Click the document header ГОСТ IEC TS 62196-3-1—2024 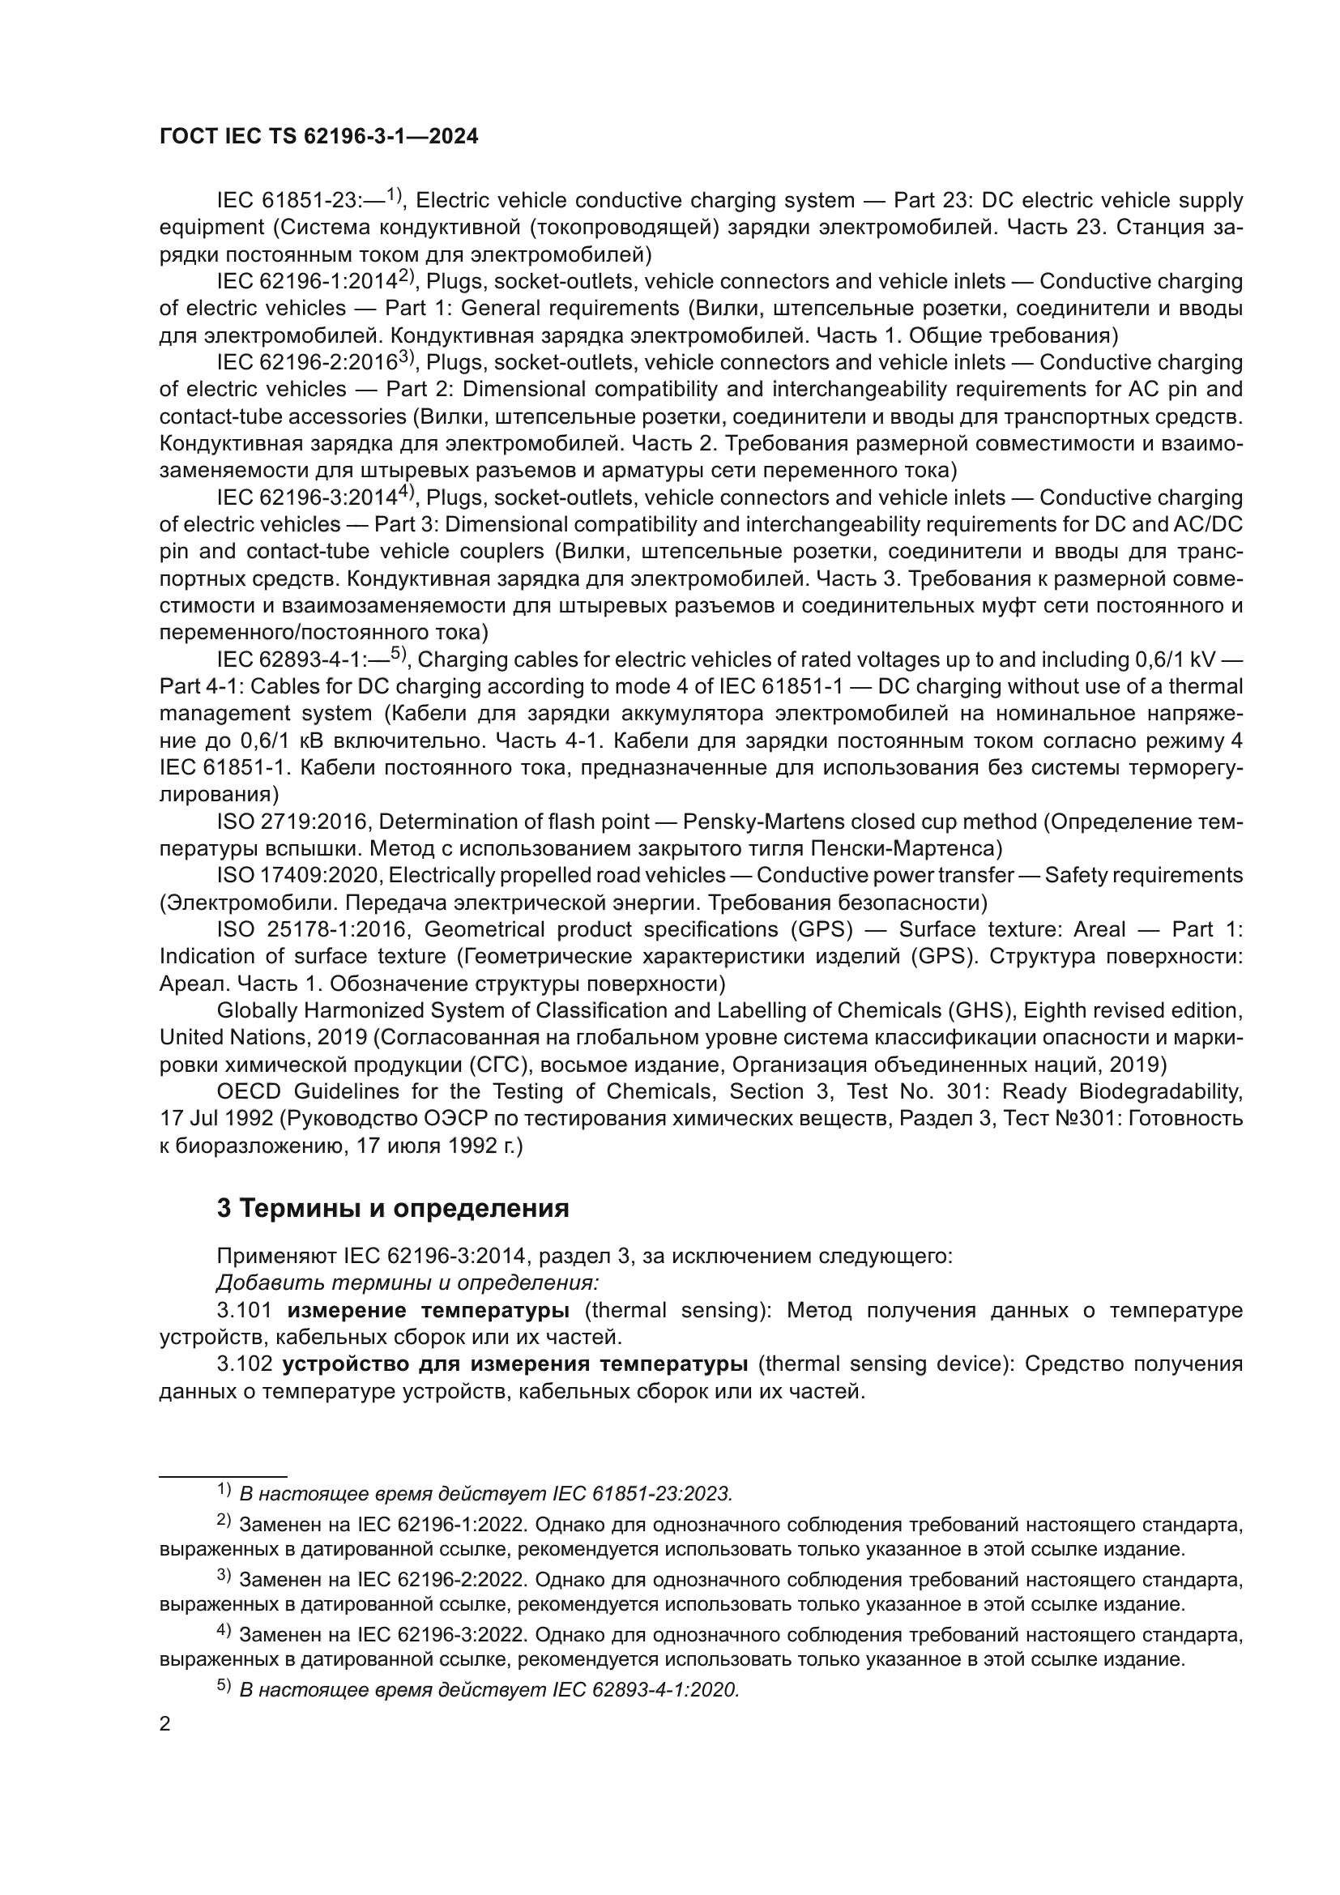tap(318, 136)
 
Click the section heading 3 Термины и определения tap(393, 1208)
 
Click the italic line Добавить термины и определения tap(408, 1283)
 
